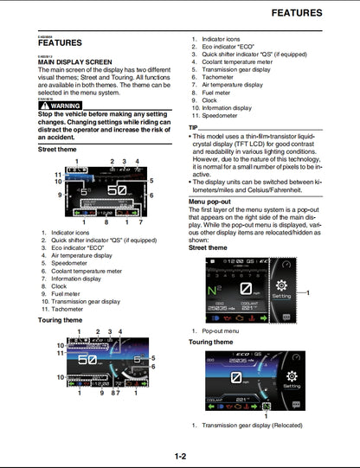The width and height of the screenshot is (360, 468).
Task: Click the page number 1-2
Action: click(x=180, y=456)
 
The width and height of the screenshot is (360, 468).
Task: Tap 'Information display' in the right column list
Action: click(x=231, y=107)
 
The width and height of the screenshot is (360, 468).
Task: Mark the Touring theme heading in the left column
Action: click(x=61, y=320)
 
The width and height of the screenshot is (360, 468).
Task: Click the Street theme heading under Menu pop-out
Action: click(x=211, y=247)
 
